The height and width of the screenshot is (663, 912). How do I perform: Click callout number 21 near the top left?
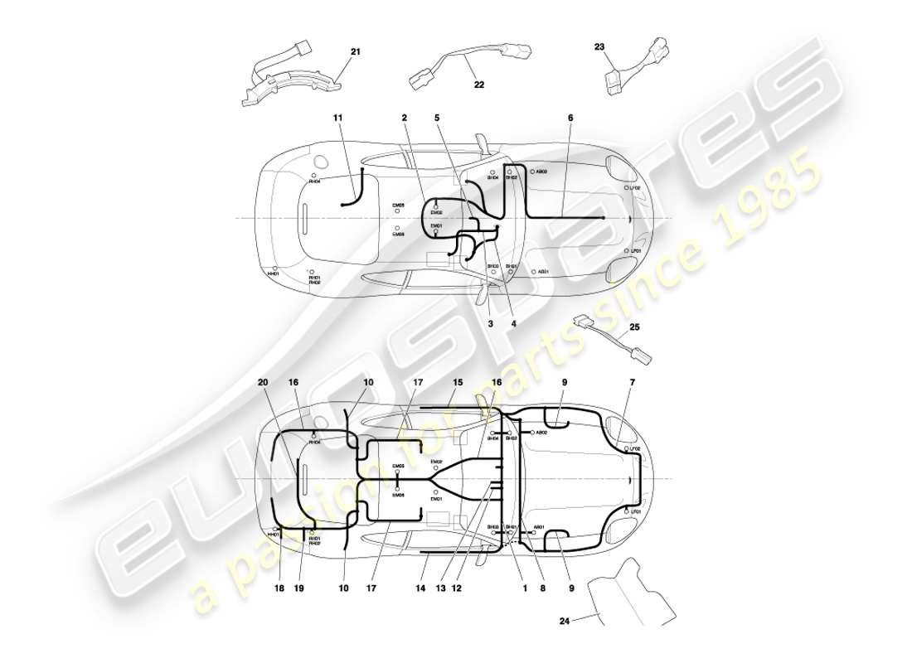pyautogui.click(x=355, y=52)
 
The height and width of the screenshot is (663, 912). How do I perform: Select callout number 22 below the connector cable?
pyautogui.click(x=478, y=85)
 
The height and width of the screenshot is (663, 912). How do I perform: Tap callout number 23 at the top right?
pyautogui.click(x=599, y=47)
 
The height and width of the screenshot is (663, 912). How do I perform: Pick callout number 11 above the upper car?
pyautogui.click(x=337, y=119)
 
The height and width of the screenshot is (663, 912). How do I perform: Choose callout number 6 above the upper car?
pyautogui.click(x=570, y=119)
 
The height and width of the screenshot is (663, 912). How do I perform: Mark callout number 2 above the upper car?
pyautogui.click(x=404, y=119)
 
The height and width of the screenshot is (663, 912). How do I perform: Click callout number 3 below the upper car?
pyautogui.click(x=490, y=324)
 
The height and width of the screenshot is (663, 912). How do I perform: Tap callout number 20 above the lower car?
pyautogui.click(x=263, y=382)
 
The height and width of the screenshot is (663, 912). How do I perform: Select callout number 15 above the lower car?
pyautogui.click(x=457, y=382)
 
